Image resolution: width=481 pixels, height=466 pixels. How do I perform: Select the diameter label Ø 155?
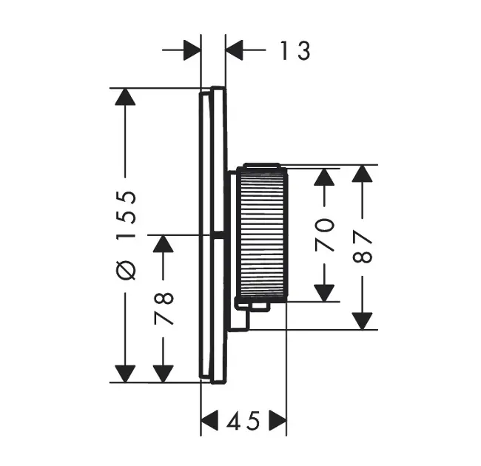click(127, 235)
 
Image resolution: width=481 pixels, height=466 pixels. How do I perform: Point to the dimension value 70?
click(325, 235)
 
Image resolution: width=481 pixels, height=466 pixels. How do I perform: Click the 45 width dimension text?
click(243, 422)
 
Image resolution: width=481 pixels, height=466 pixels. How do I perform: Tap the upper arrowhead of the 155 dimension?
click(126, 98)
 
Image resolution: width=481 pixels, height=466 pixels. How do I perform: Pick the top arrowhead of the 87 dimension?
click(361, 175)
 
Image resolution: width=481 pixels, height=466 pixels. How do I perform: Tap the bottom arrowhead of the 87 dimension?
click(361, 320)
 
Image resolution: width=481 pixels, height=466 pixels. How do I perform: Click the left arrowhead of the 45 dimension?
click(211, 422)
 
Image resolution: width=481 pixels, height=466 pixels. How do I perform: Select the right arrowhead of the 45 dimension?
click(277, 422)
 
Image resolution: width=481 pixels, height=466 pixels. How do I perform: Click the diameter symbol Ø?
click(127, 270)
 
